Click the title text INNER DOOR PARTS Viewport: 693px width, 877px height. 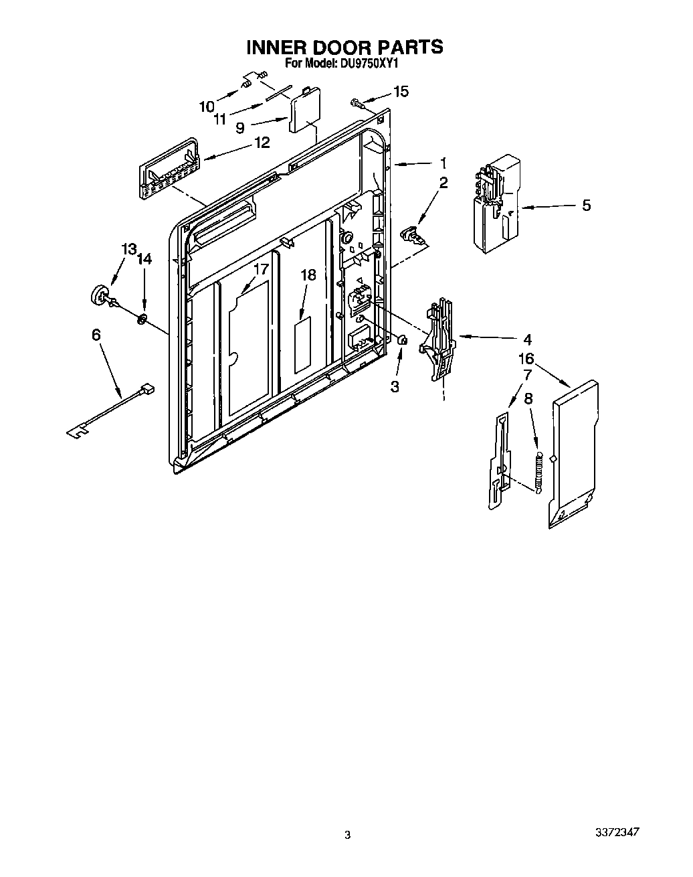(344, 47)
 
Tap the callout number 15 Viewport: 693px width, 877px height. (400, 92)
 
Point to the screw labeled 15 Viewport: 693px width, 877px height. (356, 102)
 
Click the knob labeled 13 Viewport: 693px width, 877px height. (100, 295)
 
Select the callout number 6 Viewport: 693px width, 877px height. (96, 334)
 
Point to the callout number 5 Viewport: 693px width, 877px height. (586, 205)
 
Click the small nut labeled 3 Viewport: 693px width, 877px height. (403, 340)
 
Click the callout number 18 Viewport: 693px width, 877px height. (308, 275)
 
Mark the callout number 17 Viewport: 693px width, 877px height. (260, 269)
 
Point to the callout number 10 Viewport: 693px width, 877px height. (207, 106)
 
